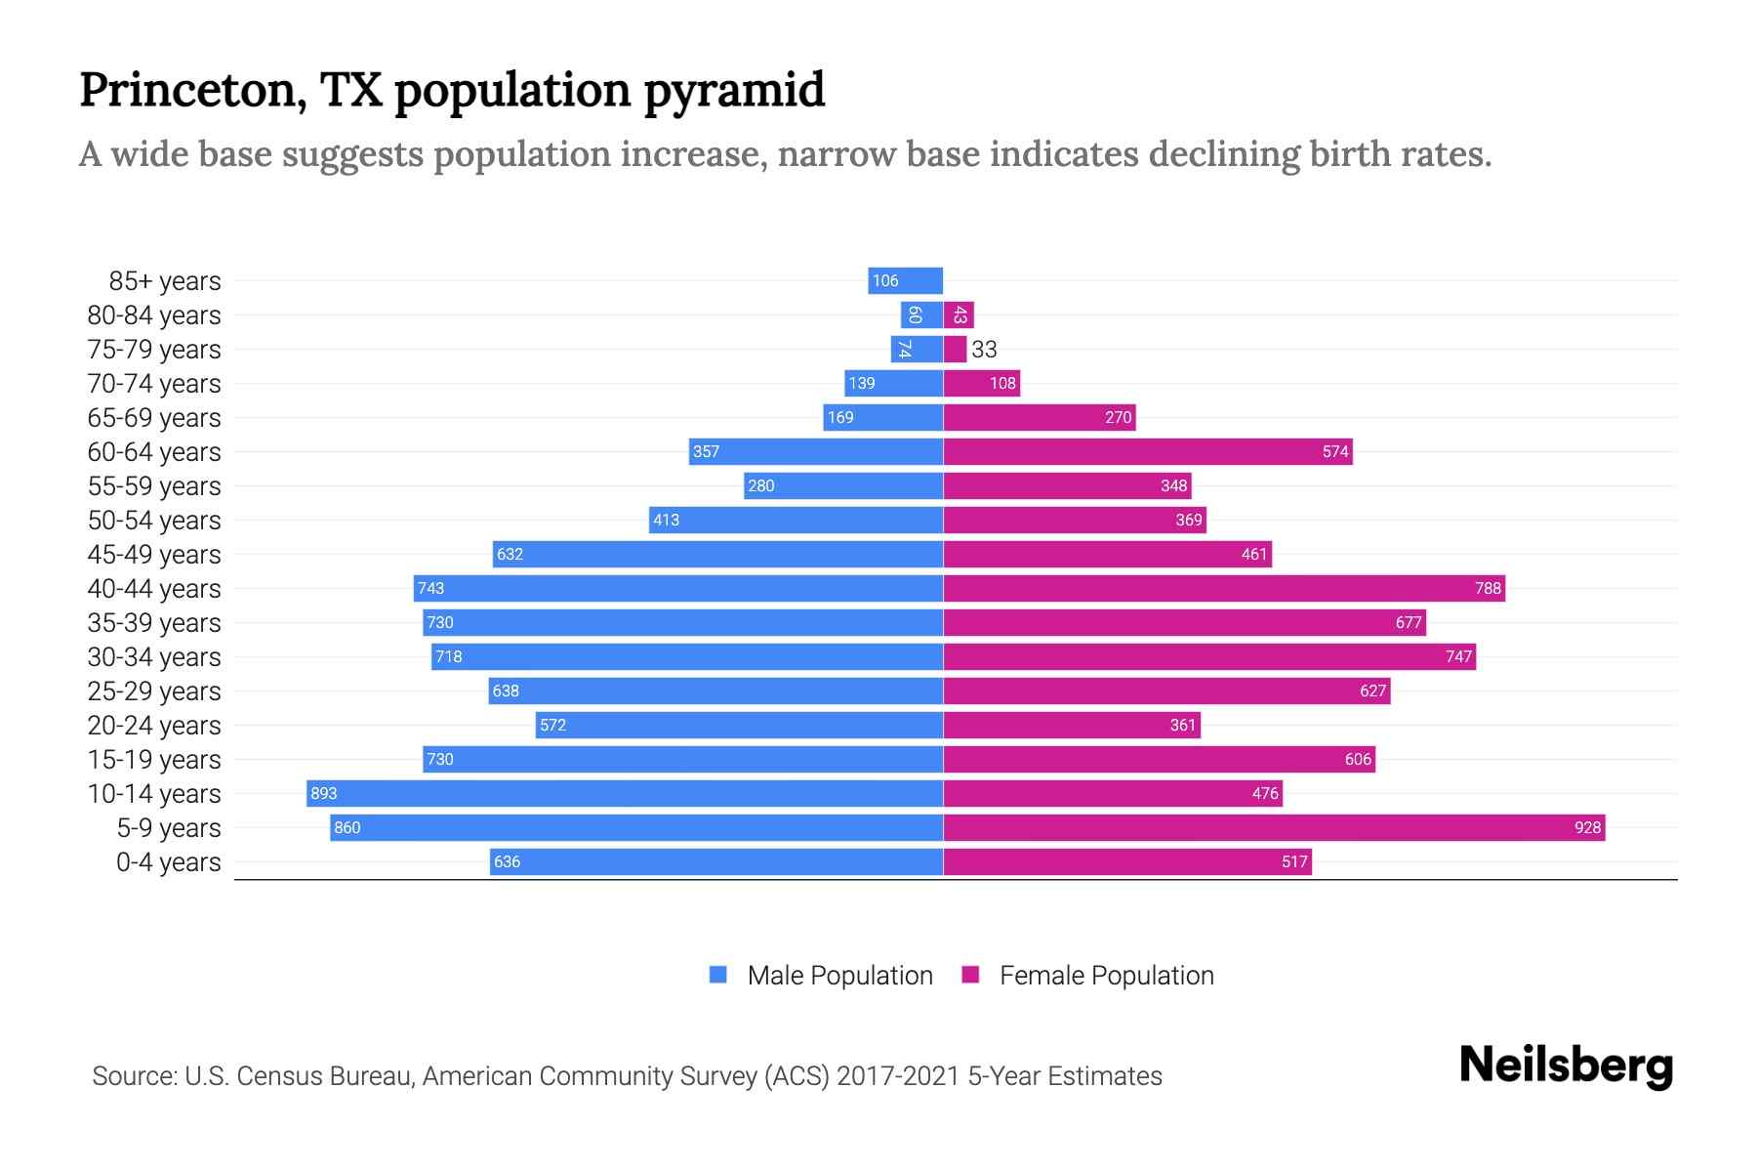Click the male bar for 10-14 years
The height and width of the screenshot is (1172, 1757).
coord(625,793)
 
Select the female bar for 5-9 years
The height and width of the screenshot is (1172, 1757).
coord(1274,827)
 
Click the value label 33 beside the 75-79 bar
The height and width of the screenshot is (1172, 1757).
coord(984,350)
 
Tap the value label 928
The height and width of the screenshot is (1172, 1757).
coord(1587,828)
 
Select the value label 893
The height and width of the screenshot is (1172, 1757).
coord(323,794)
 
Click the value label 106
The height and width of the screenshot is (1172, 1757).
coord(885,281)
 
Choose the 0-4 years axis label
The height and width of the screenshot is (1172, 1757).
coord(168,862)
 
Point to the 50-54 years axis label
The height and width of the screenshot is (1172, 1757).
coord(154,521)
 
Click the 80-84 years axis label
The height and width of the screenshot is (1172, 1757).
coord(154,315)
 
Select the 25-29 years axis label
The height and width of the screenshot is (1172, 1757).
coord(154,691)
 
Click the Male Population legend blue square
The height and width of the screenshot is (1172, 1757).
coord(718,975)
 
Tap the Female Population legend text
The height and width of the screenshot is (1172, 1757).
coord(1106,976)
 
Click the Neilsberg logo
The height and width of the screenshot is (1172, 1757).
coord(1566,1066)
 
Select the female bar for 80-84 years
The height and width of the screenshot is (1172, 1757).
coord(959,314)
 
